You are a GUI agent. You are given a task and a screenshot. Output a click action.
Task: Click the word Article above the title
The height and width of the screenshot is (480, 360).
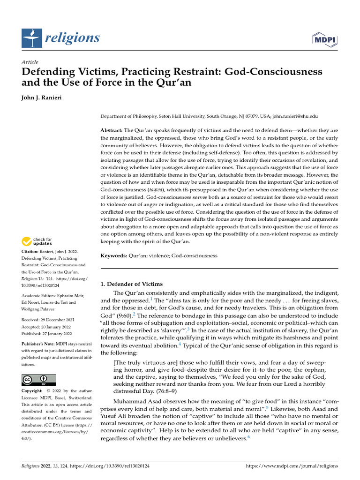click(x=30, y=62)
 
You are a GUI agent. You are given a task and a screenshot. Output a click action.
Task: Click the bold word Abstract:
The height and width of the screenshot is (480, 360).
click(x=112, y=130)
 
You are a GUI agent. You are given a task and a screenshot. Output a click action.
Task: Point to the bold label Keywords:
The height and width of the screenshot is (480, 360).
click(x=114, y=256)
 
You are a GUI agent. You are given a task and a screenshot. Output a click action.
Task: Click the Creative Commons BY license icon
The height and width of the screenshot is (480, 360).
click(x=39, y=380)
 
